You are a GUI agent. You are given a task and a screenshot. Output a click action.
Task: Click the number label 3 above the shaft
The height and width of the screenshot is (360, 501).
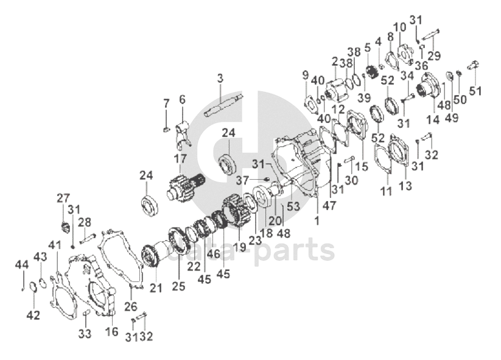pos(220,78)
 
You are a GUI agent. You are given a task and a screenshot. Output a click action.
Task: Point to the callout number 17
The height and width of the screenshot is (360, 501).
pos(180,158)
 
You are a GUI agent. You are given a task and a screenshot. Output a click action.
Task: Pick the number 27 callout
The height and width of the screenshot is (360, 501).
pos(64,198)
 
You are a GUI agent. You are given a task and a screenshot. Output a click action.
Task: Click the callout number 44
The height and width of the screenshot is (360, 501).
pos(22,264)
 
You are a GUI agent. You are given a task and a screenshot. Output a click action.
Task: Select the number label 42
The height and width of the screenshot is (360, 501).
pos(33,315)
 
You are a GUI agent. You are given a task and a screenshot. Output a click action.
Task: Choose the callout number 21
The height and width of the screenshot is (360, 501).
pos(156,288)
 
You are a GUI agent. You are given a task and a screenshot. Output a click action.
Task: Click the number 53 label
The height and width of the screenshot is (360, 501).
pos(294,206)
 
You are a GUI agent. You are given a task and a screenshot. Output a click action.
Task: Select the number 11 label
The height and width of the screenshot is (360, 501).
pos(386,192)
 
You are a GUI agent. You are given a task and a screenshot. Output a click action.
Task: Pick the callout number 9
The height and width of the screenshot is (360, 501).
pos(306,75)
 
